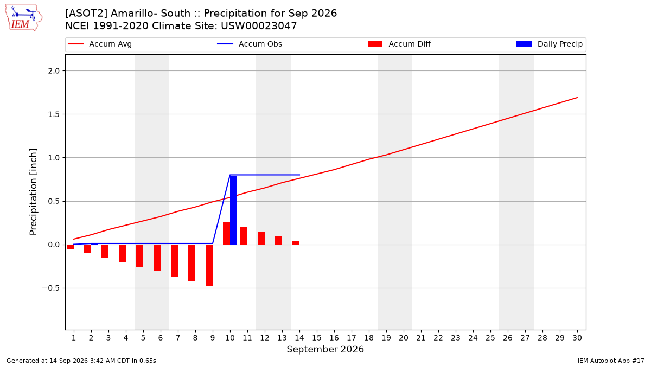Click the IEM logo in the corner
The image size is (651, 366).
point(23,18)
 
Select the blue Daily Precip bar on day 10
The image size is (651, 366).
point(233,210)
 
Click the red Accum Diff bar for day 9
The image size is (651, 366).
point(209,265)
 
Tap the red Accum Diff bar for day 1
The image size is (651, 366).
point(70,247)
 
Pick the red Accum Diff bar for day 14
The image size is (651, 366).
point(296,243)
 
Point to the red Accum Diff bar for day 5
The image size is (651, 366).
point(139,255)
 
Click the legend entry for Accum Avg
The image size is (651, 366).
point(100,44)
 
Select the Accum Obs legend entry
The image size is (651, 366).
point(250,44)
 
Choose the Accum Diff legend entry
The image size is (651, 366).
point(399,44)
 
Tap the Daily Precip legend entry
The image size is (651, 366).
point(549,44)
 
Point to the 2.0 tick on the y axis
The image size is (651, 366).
point(54,71)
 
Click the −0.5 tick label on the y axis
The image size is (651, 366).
point(51,288)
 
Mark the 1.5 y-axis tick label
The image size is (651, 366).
point(54,114)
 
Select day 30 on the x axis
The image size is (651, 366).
point(577,338)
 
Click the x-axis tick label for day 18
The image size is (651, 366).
point(369,338)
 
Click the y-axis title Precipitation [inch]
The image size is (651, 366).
point(33,192)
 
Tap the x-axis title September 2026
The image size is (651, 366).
point(325,349)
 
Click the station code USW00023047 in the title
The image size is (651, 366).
point(259,26)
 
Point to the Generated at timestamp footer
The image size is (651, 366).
point(81,361)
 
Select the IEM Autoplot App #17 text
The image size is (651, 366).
point(611,361)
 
